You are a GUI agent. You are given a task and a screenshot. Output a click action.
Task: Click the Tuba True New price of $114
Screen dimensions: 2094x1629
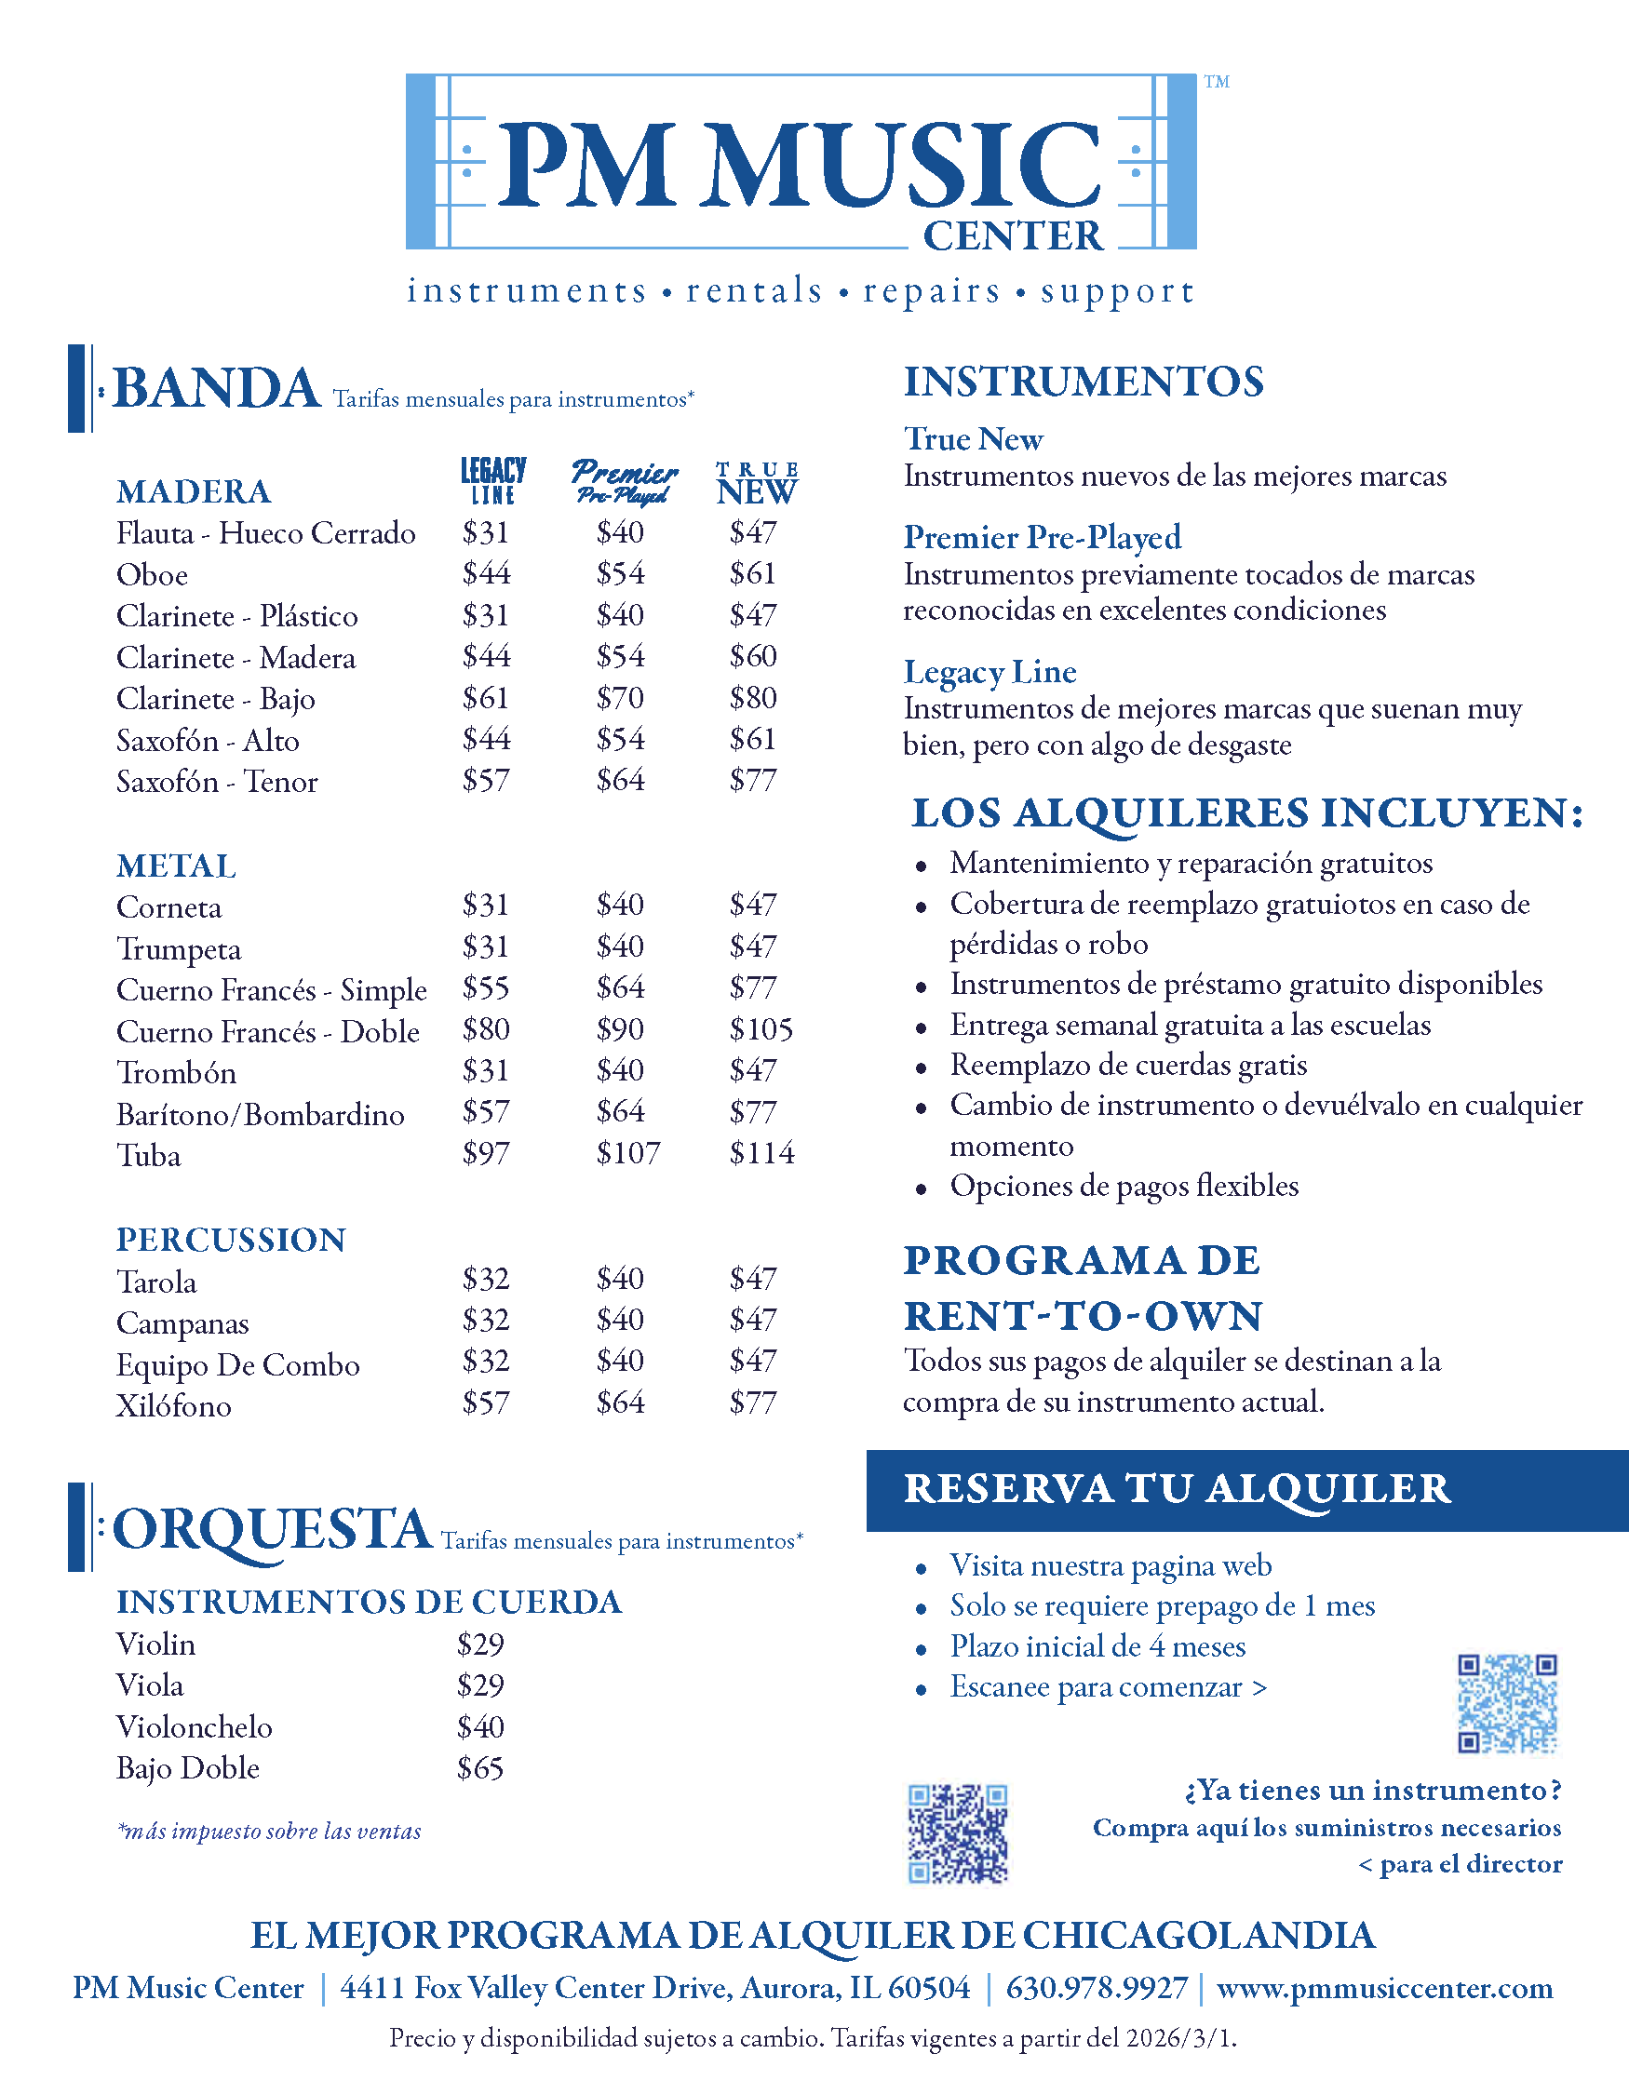761,1152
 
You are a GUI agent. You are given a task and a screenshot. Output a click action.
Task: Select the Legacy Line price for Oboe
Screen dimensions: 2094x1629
486,573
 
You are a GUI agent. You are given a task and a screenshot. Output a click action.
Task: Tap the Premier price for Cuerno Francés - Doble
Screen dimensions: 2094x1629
620,1029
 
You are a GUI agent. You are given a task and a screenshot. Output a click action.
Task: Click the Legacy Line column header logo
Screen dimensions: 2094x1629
493,480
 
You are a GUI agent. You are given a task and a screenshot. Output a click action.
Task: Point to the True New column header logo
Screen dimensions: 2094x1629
758,483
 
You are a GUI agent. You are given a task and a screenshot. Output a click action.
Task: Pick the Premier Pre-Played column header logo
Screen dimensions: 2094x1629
625,481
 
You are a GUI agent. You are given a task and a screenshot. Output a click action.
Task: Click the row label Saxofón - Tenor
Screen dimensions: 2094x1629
217,782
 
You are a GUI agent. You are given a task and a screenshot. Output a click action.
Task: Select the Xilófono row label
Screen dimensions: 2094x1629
173,1406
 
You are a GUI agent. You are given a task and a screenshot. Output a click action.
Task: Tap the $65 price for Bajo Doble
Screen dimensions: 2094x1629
480,1768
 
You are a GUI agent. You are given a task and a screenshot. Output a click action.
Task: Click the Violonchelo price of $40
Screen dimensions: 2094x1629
480,1726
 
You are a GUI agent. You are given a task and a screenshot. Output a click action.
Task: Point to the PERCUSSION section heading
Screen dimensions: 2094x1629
231,1240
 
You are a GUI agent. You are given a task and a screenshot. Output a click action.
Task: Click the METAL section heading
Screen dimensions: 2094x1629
177,866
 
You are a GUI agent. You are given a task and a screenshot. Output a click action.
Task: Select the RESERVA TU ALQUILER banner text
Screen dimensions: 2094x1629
1177,1489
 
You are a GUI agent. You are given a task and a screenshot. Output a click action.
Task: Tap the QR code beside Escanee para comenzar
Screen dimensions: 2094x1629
1507,1704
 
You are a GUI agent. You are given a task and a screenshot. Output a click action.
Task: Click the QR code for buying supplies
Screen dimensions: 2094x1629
958,1833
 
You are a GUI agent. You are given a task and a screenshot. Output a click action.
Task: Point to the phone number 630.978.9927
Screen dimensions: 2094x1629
1096,1988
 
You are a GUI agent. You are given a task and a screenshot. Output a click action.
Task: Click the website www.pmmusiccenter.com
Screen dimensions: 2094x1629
1384,1988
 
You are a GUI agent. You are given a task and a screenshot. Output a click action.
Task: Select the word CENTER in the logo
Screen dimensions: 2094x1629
1013,235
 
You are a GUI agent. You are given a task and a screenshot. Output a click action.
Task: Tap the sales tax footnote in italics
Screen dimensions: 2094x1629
269,1832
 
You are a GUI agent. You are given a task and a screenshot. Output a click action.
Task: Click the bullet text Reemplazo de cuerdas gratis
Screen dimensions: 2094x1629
1128,1066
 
